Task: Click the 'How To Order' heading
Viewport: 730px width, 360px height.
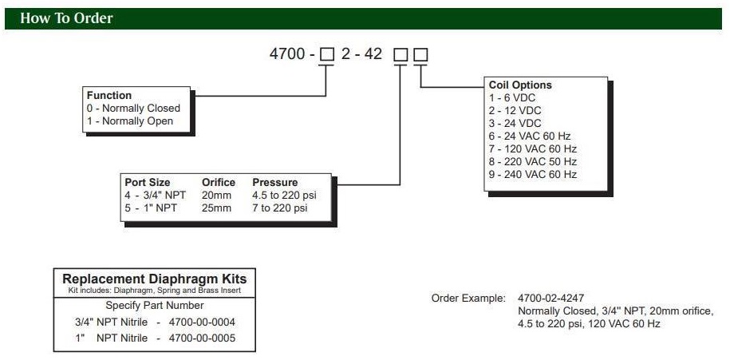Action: pyautogui.click(x=66, y=18)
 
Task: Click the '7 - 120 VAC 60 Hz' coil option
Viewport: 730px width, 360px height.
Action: pyautogui.click(x=532, y=148)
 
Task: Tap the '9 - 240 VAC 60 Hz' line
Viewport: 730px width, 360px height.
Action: pyautogui.click(x=532, y=174)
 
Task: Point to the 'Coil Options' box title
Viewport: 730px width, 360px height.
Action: pyautogui.click(x=520, y=85)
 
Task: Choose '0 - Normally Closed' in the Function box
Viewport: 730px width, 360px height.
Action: pyautogui.click(x=133, y=109)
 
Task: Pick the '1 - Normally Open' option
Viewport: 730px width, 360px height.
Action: pyautogui.click(x=129, y=121)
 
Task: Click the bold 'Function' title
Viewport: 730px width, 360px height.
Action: pyautogui.click(x=109, y=96)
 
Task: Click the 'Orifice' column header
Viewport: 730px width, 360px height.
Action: pyautogui.click(x=218, y=182)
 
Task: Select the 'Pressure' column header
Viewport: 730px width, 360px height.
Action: pyautogui.click(x=275, y=182)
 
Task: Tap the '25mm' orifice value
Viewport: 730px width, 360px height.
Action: pyautogui.click(x=216, y=208)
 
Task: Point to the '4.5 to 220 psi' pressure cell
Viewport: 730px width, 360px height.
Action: pyautogui.click(x=286, y=196)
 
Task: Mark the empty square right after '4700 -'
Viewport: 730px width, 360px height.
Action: pyautogui.click(x=326, y=55)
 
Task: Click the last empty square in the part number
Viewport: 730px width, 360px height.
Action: pyautogui.click(x=420, y=55)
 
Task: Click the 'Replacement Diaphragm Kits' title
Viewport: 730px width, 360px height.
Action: pyautogui.click(x=155, y=279)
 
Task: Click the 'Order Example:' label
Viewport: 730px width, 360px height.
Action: pyautogui.click(x=468, y=298)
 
